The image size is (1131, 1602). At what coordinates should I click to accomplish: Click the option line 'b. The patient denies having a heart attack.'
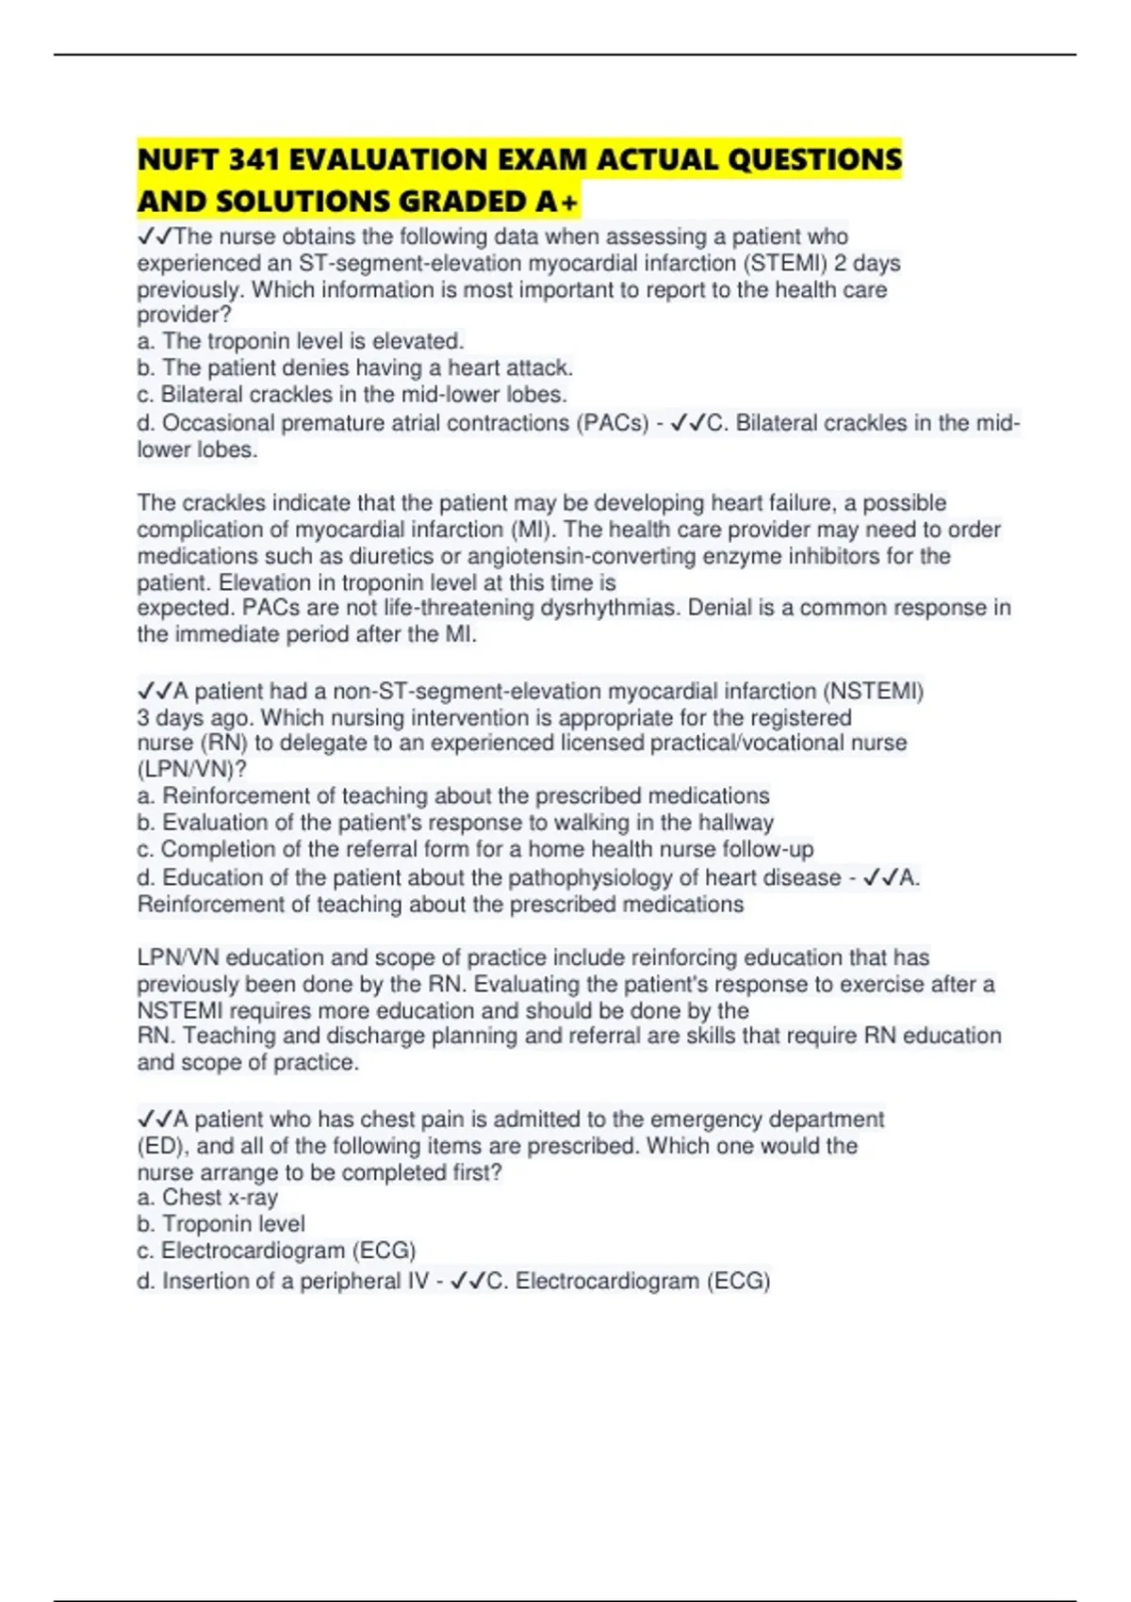(x=354, y=368)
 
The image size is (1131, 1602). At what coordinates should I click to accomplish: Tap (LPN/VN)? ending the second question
(x=191, y=769)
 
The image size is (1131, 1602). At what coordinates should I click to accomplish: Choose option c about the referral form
(x=475, y=849)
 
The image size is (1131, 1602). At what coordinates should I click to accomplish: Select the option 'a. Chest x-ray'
(x=207, y=1198)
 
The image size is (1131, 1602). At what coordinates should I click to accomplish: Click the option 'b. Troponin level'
(x=221, y=1224)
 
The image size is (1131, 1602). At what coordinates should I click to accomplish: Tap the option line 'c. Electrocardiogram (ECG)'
(x=276, y=1251)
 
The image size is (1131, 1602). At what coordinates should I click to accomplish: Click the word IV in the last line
(x=416, y=1282)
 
